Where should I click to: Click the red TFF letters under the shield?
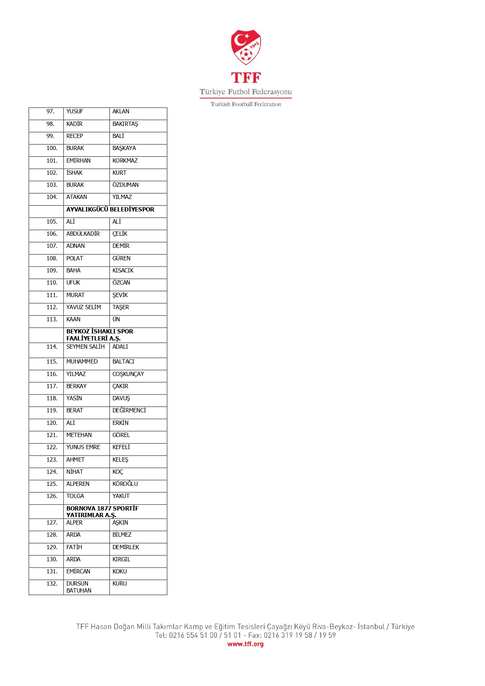(246, 78)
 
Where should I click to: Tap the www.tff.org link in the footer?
(245, 644)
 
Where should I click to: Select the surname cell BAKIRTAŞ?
(125, 124)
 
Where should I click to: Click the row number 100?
(52, 148)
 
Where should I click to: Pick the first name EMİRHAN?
(79, 161)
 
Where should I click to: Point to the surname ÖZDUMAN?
(125, 185)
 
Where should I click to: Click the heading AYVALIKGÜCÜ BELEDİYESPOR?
(110, 210)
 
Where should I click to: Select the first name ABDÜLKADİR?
(83, 234)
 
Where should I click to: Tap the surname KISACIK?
(123, 270)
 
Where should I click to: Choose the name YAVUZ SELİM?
(84, 307)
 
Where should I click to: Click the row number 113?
(52, 319)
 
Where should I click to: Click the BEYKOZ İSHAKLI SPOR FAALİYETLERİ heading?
(100, 335)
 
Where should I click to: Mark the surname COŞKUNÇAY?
(128, 374)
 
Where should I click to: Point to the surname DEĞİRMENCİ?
(129, 410)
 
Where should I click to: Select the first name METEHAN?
(79, 435)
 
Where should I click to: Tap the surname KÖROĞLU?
(125, 484)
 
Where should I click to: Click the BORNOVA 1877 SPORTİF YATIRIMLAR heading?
(102, 511)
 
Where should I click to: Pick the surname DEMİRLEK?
(126, 547)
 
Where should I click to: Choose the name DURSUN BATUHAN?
(79, 587)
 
